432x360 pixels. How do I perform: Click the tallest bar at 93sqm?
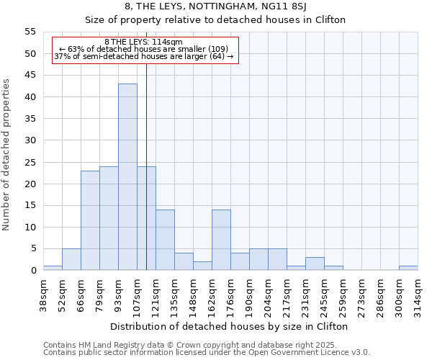coord(127,177)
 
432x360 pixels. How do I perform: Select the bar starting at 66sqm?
coord(90,220)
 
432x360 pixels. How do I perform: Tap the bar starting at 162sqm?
coord(221,240)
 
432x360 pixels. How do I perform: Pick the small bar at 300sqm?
coord(408,268)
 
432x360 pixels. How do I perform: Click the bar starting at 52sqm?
coord(71,259)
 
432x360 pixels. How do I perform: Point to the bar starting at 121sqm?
coord(165,240)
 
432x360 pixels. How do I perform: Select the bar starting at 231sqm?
coord(315,264)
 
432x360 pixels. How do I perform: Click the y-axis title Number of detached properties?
coord(7,155)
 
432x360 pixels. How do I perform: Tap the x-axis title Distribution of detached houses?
coord(230,326)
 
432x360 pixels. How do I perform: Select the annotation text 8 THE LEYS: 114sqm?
coord(144,42)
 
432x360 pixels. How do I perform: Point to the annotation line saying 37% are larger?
coord(144,57)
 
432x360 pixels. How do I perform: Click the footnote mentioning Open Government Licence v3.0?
coord(207,353)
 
